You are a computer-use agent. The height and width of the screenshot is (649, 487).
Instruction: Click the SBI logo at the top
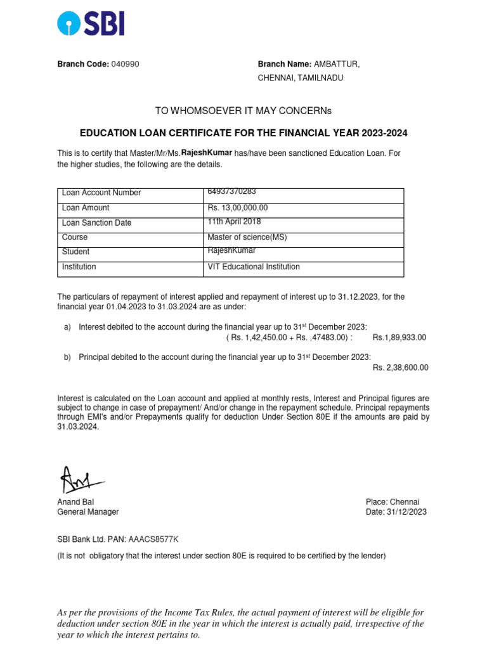pos(91,23)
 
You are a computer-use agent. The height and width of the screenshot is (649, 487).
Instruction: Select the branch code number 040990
pos(126,65)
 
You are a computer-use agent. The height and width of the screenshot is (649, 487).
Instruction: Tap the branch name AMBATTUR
pos(337,65)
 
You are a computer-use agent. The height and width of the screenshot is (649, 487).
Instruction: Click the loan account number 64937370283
pos(231,192)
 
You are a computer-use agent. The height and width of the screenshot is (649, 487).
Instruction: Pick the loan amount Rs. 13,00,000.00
pos(238,207)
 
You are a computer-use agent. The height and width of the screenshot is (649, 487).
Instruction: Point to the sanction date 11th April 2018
pos(234,222)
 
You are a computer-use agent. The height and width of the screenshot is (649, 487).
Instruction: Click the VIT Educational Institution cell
pos(254,267)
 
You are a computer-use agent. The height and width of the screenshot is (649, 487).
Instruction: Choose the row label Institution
pos(79,267)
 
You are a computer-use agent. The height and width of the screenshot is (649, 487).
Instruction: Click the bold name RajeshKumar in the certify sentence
pos(207,153)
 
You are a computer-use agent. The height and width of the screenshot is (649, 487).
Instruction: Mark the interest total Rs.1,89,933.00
pos(399,338)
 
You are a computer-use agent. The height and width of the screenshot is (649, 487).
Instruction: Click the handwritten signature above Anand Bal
pos(77,480)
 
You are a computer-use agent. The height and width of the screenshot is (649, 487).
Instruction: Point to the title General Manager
pos(88,512)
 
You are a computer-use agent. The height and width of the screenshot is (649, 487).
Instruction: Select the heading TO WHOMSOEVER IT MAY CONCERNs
pos(243,111)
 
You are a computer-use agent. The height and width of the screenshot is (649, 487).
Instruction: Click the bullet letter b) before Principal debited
pos(67,357)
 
